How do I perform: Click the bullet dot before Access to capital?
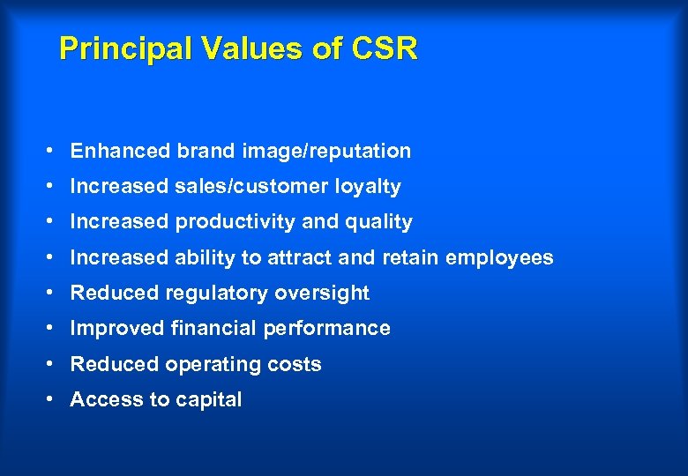click(x=54, y=399)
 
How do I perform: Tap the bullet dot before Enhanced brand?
click(x=54, y=151)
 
